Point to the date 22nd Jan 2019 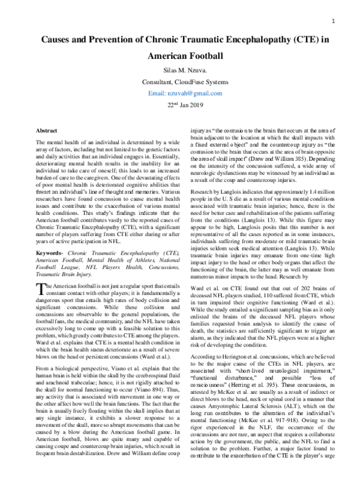(179, 106)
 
